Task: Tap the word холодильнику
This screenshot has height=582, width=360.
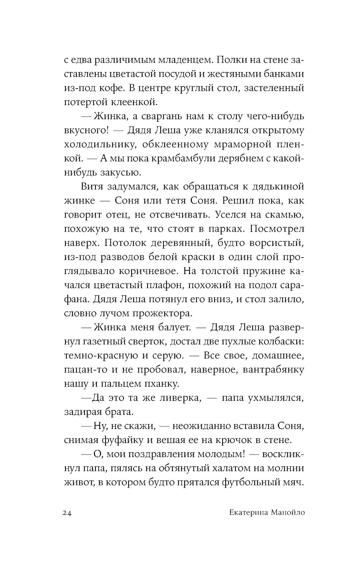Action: tap(100, 144)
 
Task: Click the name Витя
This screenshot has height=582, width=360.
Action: tap(92, 187)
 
